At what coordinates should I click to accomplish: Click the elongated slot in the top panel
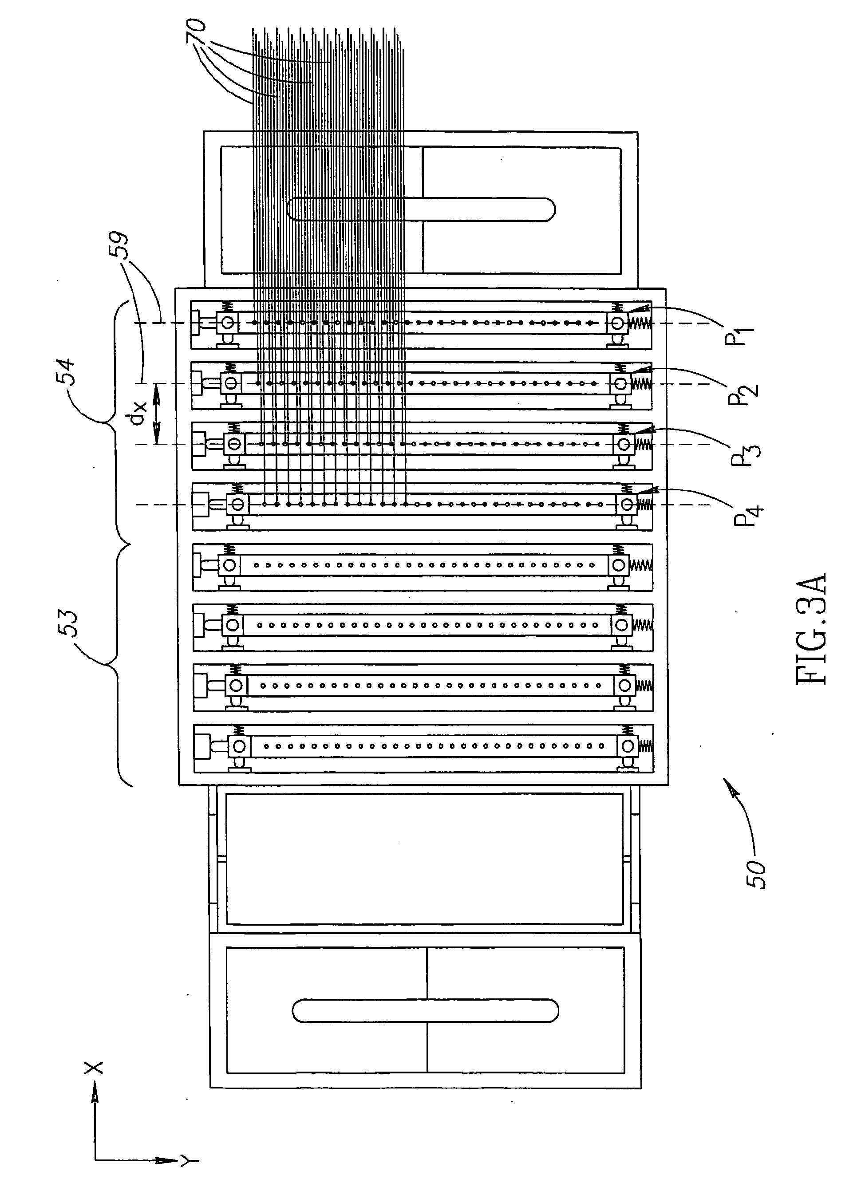click(x=421, y=209)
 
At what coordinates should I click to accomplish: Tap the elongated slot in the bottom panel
click(x=425, y=1010)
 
